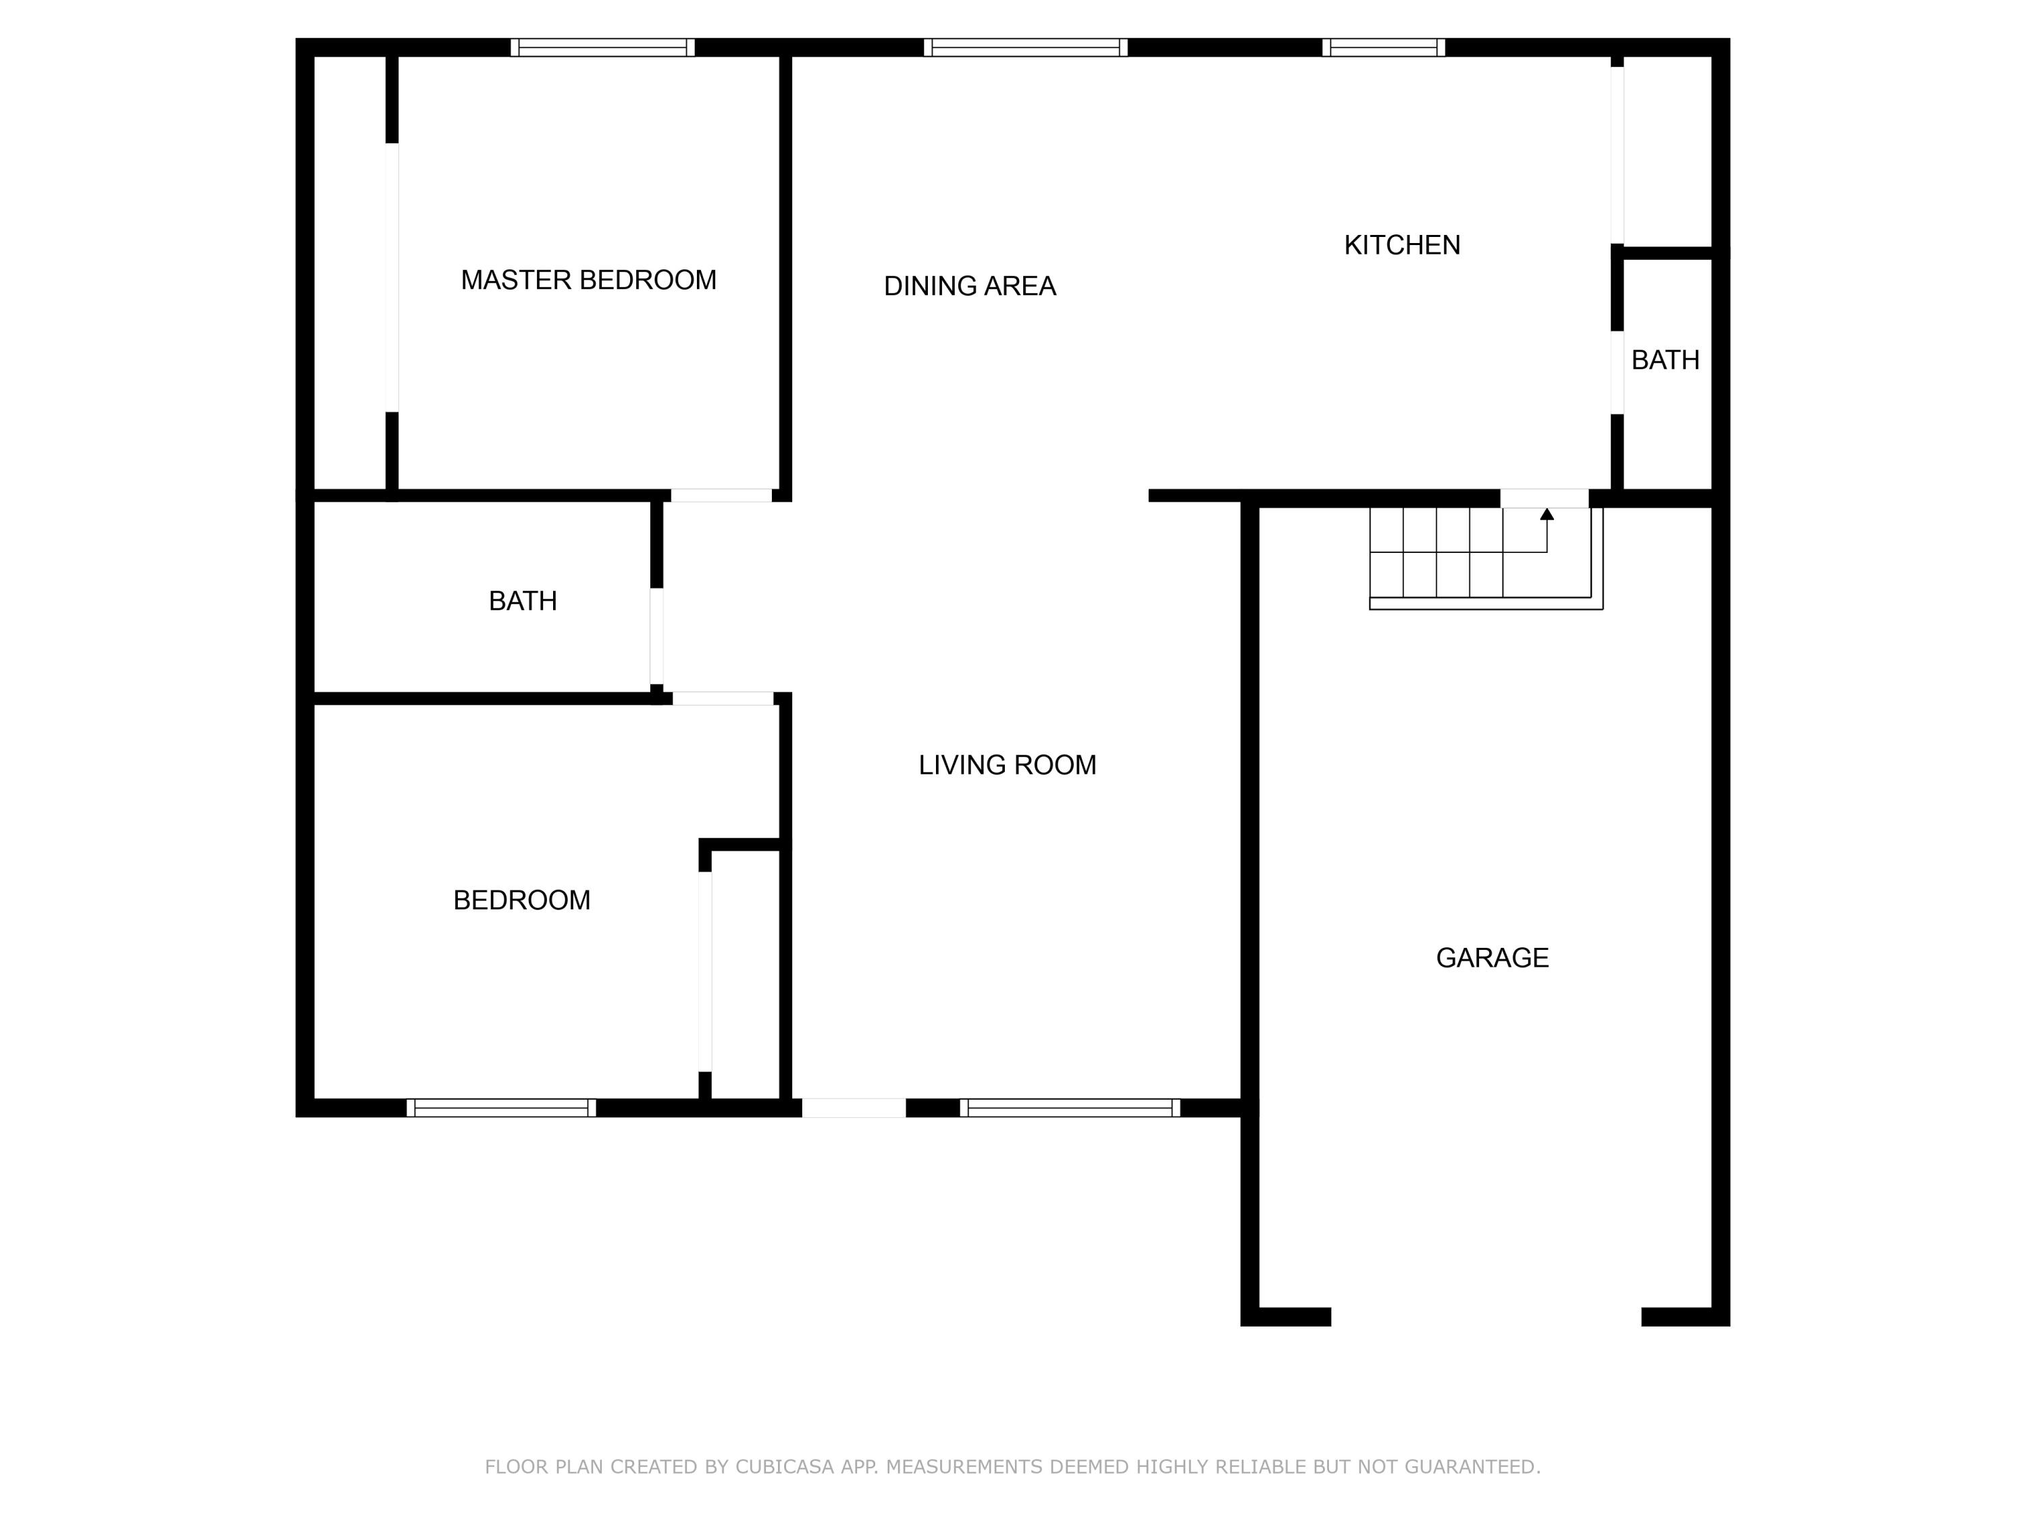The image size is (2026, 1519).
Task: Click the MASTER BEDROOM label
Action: coord(588,280)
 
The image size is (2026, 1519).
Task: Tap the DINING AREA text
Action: coord(969,287)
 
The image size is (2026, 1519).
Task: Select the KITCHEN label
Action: coord(1401,245)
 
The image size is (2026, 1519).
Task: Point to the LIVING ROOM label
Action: coord(1007,766)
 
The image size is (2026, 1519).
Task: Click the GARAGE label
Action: coord(1492,958)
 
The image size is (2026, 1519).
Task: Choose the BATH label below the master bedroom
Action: coord(522,602)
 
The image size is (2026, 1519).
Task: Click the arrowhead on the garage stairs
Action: coord(1547,514)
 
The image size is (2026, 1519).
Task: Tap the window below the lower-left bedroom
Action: coord(501,1108)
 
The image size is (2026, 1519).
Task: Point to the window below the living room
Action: coord(1070,1108)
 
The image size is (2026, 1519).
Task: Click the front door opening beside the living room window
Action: coord(854,1108)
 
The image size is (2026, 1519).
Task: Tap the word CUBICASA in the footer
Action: coord(784,1467)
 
